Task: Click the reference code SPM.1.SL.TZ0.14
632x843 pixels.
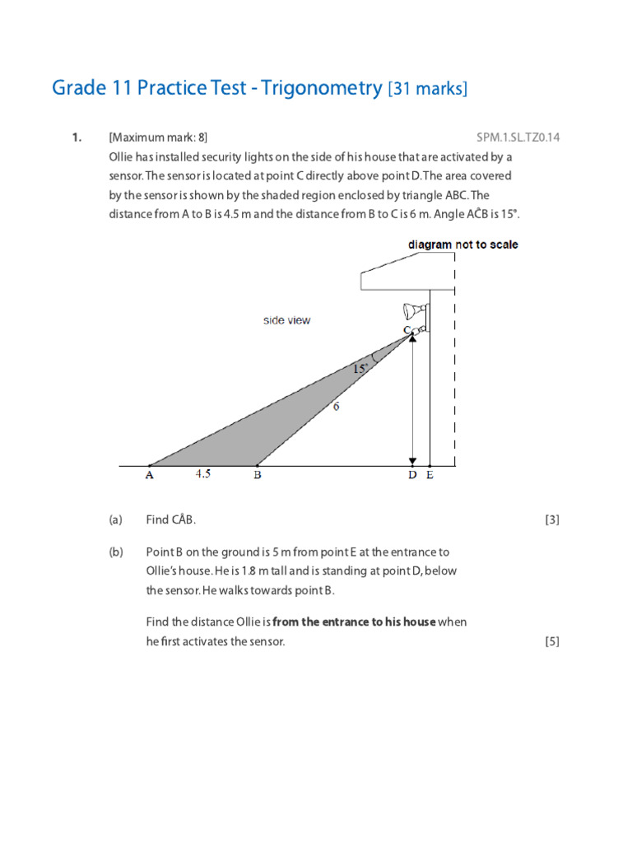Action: coord(518,137)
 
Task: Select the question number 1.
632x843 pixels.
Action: coord(77,137)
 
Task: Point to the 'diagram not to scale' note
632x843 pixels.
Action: coord(462,245)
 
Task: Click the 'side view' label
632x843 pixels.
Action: coord(286,320)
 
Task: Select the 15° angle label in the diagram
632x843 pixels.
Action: coord(360,370)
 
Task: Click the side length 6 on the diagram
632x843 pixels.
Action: coord(337,407)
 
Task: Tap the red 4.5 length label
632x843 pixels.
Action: coord(202,474)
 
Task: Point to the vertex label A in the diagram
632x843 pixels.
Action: coord(150,476)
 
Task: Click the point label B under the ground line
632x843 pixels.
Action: coord(258,476)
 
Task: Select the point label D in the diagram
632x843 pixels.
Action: coord(411,476)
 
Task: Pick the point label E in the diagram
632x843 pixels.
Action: coord(430,476)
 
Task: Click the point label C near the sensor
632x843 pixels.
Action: coord(407,330)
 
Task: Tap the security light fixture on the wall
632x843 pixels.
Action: coord(413,311)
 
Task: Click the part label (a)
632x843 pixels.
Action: coord(115,519)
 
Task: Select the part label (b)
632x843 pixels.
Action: coord(115,552)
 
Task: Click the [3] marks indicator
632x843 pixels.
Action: coord(551,519)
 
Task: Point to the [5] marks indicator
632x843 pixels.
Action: coord(551,642)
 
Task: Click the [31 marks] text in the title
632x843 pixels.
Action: coord(427,89)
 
